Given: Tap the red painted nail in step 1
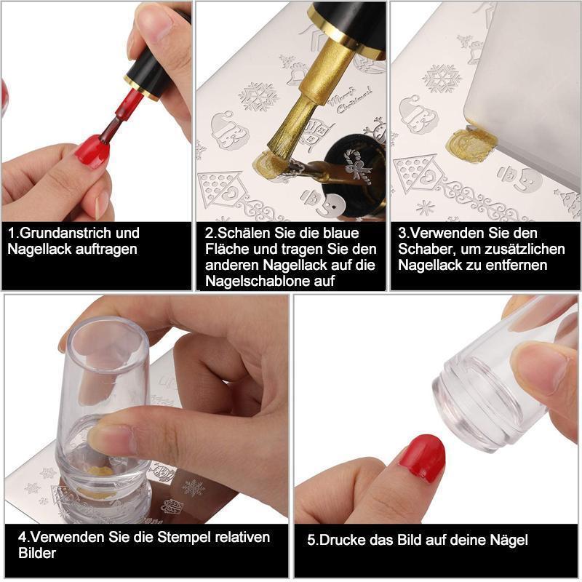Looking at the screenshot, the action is pyautogui.click(x=94, y=151).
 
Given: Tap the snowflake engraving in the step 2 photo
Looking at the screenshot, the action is pyautogui.click(x=258, y=97).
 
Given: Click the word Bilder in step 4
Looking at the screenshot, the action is pyautogui.click(x=37, y=553).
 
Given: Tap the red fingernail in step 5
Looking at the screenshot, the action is pyautogui.click(x=424, y=458).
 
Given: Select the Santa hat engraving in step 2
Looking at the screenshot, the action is pyautogui.click(x=228, y=130).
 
